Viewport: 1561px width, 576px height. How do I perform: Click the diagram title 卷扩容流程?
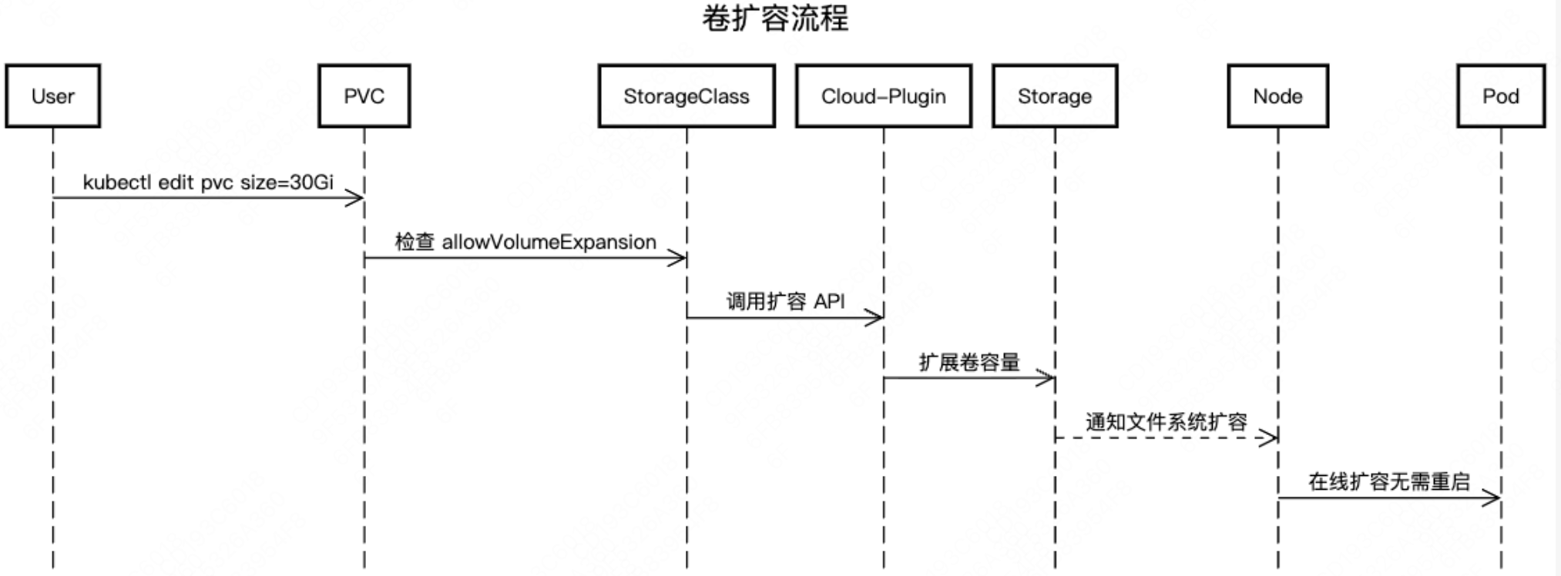coord(774,19)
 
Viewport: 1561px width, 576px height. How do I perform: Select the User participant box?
coord(53,96)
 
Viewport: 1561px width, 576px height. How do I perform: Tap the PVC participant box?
coord(364,96)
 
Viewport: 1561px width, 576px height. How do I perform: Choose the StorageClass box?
coord(686,96)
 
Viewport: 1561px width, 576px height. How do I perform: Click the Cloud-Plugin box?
coord(883,96)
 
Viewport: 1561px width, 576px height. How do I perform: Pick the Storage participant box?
coord(1054,96)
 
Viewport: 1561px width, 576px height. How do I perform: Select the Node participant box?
coord(1277,96)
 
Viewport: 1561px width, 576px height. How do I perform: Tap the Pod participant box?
coord(1500,96)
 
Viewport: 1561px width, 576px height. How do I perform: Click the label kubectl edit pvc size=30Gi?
coord(208,183)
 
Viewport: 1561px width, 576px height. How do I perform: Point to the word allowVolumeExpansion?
coord(549,242)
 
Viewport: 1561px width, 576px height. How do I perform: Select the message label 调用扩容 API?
coord(785,301)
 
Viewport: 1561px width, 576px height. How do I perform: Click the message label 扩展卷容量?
coord(968,362)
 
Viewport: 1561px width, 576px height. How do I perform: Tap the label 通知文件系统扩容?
coord(1166,422)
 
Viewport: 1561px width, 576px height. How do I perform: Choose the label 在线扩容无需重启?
coord(1388,482)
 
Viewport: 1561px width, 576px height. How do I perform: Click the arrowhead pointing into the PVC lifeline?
coord(355,199)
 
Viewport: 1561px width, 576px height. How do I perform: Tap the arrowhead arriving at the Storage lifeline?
coord(1046,378)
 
